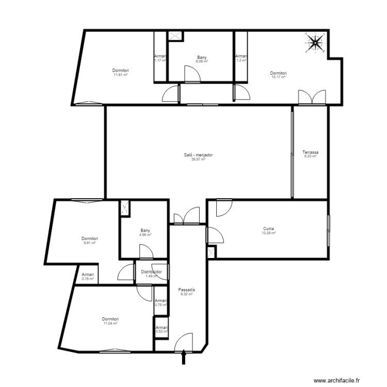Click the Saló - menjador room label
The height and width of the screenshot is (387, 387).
point(199,155)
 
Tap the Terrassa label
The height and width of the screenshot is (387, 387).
point(311,152)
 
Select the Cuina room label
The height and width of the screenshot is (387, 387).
point(268,229)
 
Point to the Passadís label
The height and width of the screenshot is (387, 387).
point(186,289)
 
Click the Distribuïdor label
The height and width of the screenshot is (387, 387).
point(152,271)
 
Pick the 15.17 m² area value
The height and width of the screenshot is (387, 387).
point(279,77)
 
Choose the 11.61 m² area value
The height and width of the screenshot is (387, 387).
point(121,75)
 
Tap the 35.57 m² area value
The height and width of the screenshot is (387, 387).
point(199,159)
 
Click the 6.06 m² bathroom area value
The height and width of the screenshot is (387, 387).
point(202,61)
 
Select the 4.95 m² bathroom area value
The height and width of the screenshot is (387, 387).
point(145,235)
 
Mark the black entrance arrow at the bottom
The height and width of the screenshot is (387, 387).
point(184,358)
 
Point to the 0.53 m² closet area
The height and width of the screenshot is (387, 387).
point(162,332)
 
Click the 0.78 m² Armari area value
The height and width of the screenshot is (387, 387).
point(88,279)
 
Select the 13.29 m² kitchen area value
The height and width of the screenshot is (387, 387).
point(268,233)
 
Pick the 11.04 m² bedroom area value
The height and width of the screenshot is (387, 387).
point(110,324)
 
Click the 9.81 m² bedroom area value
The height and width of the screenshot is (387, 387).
point(90,243)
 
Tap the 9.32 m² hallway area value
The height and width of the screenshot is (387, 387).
point(186,294)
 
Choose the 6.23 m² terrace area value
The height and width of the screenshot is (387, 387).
point(311,157)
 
